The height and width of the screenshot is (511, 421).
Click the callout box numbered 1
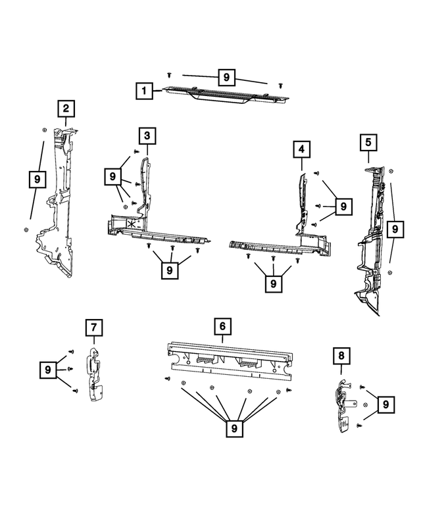[144, 90]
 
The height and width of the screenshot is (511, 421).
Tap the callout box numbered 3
[147, 136]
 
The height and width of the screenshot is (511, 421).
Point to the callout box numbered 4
[301, 151]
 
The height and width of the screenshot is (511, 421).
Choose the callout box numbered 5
[368, 141]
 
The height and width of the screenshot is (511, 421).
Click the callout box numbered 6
[223, 326]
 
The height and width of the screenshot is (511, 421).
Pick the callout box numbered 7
[94, 327]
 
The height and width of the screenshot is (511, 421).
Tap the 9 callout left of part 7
[49, 370]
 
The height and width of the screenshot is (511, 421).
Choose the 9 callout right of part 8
[386, 403]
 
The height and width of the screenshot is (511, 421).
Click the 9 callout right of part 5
[395, 230]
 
